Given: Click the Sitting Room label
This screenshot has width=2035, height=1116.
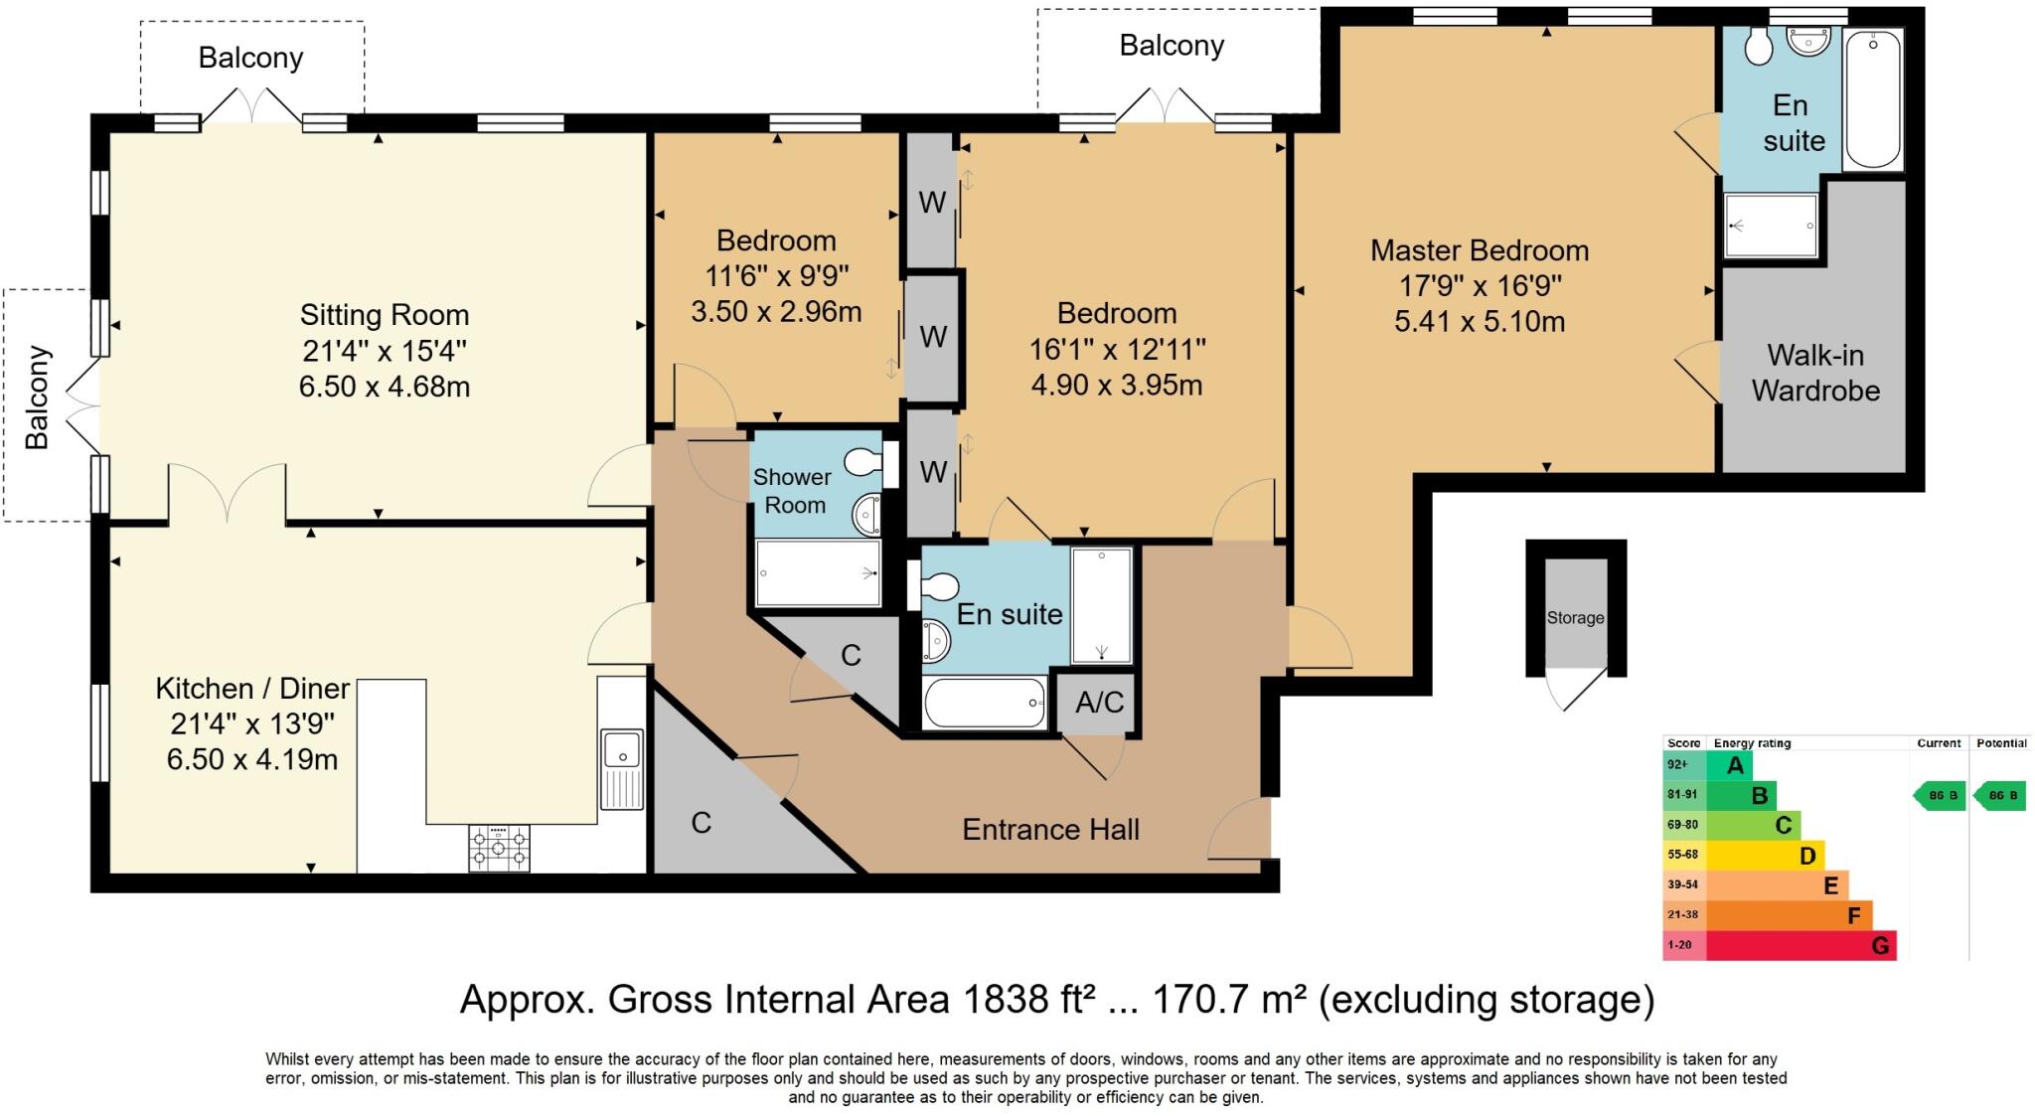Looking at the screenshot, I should tap(385, 315).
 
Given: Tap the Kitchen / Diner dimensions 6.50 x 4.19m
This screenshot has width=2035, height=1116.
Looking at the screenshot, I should tap(252, 760).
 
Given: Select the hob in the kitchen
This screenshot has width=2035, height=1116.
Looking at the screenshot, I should tap(499, 849).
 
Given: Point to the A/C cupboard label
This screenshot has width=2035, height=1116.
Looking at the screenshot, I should tap(1099, 703).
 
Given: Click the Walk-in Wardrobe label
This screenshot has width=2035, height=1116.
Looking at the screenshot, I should tap(1815, 373).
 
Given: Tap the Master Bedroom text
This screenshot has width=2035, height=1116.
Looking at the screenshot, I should tap(1480, 250).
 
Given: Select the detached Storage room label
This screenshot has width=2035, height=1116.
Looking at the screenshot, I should tap(1575, 618).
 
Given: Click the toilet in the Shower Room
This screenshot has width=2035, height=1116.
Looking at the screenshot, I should tap(862, 462).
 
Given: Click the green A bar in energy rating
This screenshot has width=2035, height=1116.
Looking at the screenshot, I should tap(1729, 765).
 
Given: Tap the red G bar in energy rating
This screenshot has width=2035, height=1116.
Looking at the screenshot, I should tap(1800, 946).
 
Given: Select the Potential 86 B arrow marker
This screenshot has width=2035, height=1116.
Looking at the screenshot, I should tap(2000, 796).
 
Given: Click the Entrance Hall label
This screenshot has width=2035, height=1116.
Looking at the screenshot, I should tap(1050, 830).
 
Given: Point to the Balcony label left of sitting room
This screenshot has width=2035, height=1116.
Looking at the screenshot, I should tap(37, 398).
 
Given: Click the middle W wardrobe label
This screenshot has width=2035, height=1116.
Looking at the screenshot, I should tap(932, 337).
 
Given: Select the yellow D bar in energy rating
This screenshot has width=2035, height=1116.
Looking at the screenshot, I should tap(1765, 856).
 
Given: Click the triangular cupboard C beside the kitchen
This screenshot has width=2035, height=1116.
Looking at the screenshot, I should tap(702, 823).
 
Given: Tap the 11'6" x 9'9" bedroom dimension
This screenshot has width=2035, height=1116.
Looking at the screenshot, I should tap(776, 276).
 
